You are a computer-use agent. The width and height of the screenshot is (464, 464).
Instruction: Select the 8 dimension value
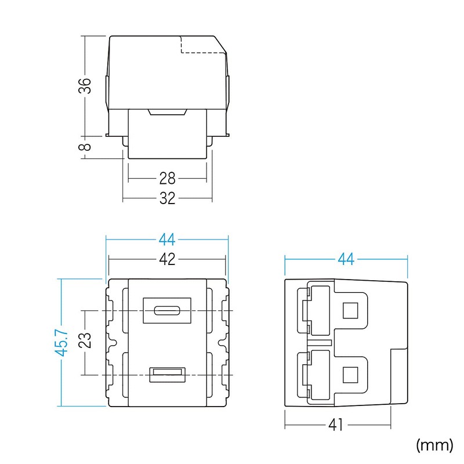tap(85, 147)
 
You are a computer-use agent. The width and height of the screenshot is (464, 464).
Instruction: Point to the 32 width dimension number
tap(167, 199)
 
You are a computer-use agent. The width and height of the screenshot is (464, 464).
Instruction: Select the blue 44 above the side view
tap(346, 259)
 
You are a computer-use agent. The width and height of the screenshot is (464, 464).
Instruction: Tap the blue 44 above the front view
tap(167, 239)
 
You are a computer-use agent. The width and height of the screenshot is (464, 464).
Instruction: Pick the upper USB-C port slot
tap(167, 310)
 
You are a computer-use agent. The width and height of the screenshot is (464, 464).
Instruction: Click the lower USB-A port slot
tap(167, 375)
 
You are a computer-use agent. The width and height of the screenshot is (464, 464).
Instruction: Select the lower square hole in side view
tap(350, 375)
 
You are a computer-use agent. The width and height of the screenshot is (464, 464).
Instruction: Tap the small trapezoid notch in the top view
tap(167, 113)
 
